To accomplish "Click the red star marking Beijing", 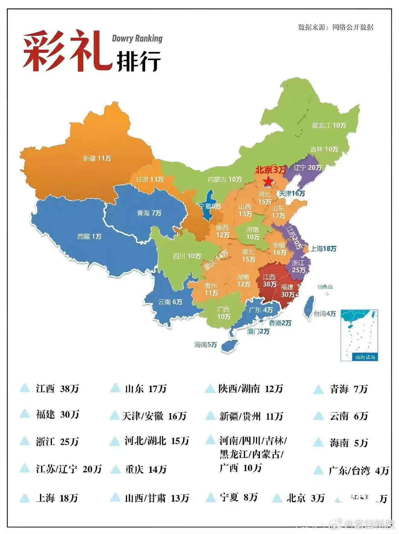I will coord(268,182).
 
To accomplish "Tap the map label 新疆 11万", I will coord(97,158).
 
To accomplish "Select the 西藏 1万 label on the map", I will coord(89,236).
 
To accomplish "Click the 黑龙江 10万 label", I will coord(329,125).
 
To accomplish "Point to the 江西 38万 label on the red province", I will coord(269,281).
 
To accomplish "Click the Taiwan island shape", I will coord(309,307).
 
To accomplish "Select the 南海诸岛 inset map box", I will coord(359,335).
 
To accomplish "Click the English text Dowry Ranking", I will coord(137,38).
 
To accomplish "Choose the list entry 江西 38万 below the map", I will coord(57,389).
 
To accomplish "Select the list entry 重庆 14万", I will coord(145,469).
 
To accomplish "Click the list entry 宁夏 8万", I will coord(238,497).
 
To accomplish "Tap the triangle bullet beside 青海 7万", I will coord(319,389).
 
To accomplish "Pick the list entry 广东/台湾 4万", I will coord(358,471).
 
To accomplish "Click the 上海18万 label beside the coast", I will coord(323,249).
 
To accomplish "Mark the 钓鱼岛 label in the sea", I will coord(325,286).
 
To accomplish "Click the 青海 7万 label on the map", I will coord(149,213).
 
